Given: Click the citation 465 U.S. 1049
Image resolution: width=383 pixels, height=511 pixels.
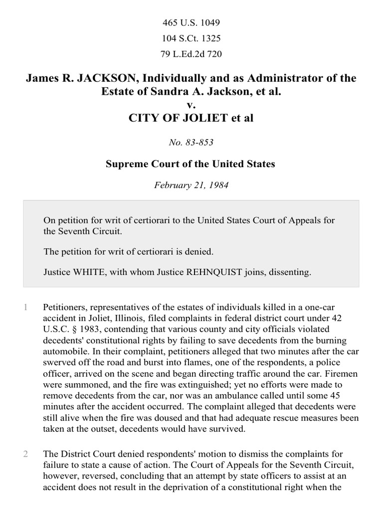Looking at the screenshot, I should pyautogui.click(x=191, y=23).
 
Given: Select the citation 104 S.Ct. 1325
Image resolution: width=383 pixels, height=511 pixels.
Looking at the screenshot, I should pyautogui.click(x=191, y=38).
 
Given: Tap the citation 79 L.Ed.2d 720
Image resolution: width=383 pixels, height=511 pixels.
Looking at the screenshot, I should pyautogui.click(x=191, y=54).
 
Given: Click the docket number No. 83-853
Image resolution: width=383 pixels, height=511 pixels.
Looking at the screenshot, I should pyautogui.click(x=191, y=143).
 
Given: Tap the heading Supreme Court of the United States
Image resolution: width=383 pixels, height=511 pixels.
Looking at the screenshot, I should pyautogui.click(x=191, y=164).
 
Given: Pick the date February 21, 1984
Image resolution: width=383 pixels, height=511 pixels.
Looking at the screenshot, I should pyautogui.click(x=191, y=185).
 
